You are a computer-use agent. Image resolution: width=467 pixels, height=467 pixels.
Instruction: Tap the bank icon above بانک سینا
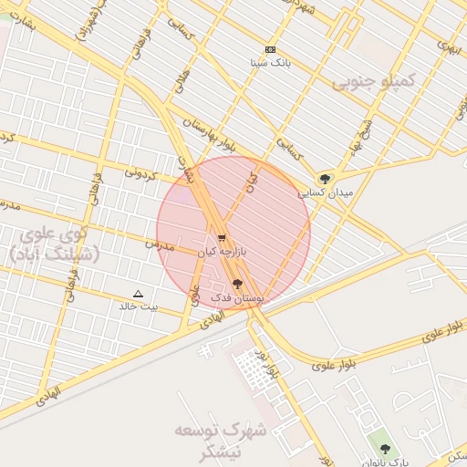pyautogui.click(x=270, y=49)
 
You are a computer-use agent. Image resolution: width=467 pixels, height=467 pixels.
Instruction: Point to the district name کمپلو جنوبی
pyautogui.click(x=373, y=82)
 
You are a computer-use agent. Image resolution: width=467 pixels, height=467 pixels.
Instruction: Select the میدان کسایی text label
pyautogui.click(x=321, y=193)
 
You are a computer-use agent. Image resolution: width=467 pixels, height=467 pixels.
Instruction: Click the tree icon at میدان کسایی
pyautogui.click(x=325, y=179)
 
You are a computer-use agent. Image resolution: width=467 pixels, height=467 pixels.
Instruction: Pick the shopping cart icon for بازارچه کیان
pyautogui.click(x=222, y=237)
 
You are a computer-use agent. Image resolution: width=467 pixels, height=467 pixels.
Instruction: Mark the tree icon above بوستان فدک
pyautogui.click(x=238, y=285)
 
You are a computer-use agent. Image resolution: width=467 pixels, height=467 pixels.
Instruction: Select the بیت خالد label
pyautogui.click(x=139, y=306)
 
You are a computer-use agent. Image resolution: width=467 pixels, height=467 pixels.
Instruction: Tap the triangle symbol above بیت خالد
pyautogui.click(x=138, y=294)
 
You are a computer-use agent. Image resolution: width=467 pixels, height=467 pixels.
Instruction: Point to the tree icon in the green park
pyautogui.click(x=385, y=449)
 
